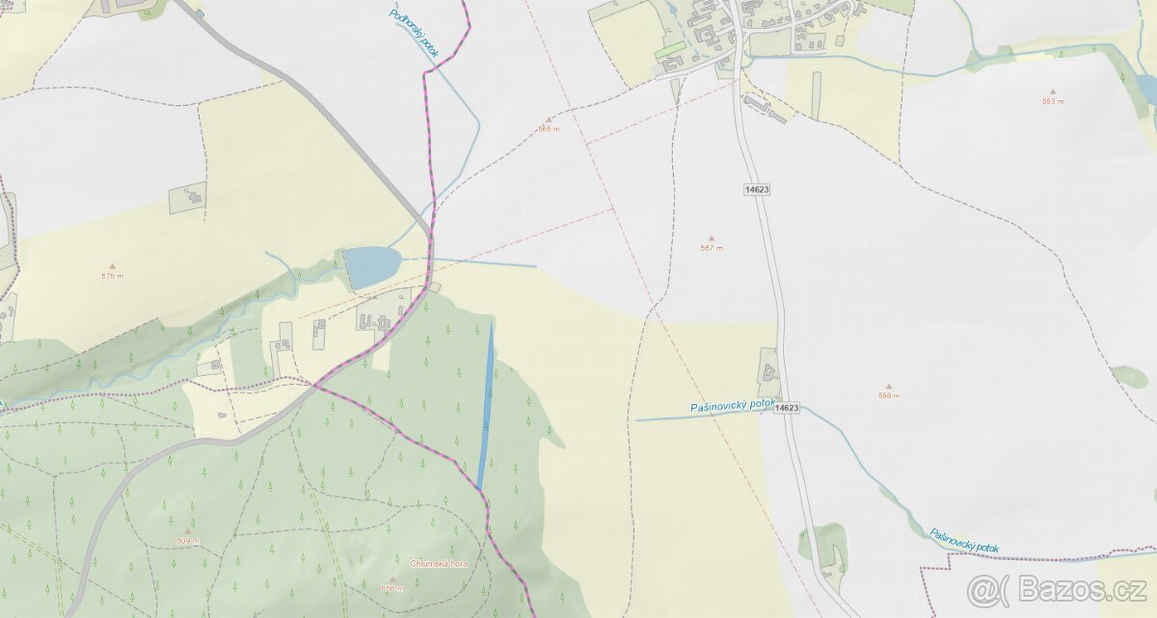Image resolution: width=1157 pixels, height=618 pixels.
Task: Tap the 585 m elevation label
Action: tap(549, 129)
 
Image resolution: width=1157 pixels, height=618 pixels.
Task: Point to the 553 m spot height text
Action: tap(1052, 101)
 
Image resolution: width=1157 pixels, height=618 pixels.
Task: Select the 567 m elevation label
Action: tap(712, 248)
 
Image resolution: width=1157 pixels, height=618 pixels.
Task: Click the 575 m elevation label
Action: tap(113, 277)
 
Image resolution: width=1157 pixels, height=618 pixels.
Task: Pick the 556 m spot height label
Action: tap(888, 396)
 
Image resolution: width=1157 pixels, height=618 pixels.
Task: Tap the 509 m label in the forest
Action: tap(188, 541)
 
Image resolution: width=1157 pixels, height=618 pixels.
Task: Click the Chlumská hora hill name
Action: tap(438, 563)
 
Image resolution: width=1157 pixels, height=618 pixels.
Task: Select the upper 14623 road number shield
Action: tap(757, 189)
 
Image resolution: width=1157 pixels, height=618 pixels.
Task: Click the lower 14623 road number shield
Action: tap(786, 408)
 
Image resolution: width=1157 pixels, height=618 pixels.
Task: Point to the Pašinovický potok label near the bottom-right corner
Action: tap(963, 541)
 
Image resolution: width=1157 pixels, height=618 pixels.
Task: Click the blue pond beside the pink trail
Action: tap(372, 266)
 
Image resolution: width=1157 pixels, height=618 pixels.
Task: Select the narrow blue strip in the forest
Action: tap(487, 405)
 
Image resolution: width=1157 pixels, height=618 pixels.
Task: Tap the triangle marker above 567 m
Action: tap(712, 237)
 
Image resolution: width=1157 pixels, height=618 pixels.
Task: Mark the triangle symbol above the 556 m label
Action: tap(888, 386)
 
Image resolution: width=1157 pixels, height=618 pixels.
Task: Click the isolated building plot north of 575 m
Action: tap(187, 199)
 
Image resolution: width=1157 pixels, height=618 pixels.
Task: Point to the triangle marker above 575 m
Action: tap(113, 266)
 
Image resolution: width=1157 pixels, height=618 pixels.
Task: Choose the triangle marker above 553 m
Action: tap(1052, 92)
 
